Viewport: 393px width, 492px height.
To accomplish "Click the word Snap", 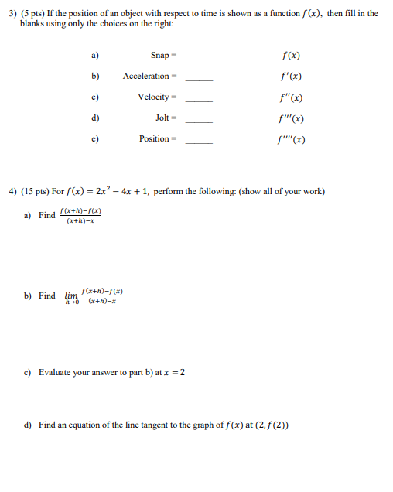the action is (x=159, y=56).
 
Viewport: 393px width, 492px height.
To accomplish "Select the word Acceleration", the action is (x=145, y=77).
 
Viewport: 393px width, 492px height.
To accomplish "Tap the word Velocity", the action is (x=153, y=97).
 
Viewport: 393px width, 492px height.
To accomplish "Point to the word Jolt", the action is (x=162, y=118).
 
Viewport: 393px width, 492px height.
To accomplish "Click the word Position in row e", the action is (x=154, y=139).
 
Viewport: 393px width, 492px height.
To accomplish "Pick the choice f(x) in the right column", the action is (x=292, y=56).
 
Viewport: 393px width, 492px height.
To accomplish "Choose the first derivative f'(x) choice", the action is (x=292, y=77).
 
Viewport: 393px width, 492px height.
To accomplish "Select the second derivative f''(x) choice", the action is (x=292, y=97).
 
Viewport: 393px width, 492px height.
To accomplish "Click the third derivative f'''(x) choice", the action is (x=292, y=118).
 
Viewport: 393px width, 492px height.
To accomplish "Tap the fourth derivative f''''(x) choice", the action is (x=292, y=140).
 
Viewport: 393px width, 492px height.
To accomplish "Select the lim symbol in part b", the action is (x=72, y=295).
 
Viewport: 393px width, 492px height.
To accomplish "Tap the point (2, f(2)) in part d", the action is (x=266, y=425).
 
